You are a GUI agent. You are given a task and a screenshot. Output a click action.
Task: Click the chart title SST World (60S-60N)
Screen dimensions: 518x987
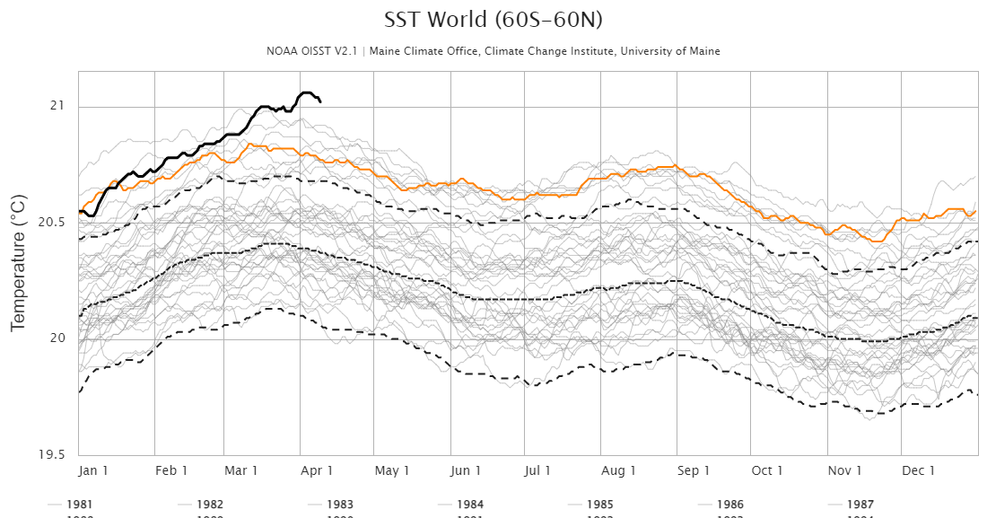tap(493, 20)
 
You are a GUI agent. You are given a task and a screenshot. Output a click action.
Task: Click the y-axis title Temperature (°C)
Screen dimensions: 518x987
tap(17, 259)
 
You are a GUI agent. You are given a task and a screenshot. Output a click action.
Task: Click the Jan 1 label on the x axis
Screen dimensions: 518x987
tap(93, 470)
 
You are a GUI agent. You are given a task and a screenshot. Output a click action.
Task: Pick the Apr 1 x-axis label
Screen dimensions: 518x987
tap(318, 470)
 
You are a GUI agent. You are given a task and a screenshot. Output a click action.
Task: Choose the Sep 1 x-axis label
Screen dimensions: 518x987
tap(694, 470)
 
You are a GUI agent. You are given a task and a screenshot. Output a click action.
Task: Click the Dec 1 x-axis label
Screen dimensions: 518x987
tap(919, 470)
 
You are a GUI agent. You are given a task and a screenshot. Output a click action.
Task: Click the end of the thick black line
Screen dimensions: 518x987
tap(321, 101)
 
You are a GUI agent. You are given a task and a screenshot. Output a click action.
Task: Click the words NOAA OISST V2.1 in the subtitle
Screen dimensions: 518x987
tap(313, 51)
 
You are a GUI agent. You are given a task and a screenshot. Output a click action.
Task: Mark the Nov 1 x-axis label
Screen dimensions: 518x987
tap(844, 470)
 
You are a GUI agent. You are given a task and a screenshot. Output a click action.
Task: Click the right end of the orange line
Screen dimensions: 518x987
tap(975, 211)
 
